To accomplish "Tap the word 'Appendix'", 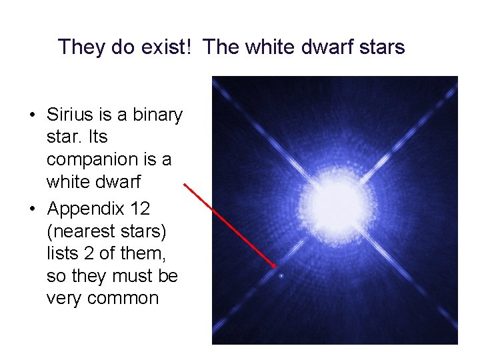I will [x=85, y=209].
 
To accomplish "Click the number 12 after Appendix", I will [x=140, y=209].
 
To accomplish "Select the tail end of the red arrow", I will [x=185, y=185].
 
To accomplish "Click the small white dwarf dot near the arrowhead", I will [x=281, y=275].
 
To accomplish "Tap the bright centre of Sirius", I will [x=333, y=199].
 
